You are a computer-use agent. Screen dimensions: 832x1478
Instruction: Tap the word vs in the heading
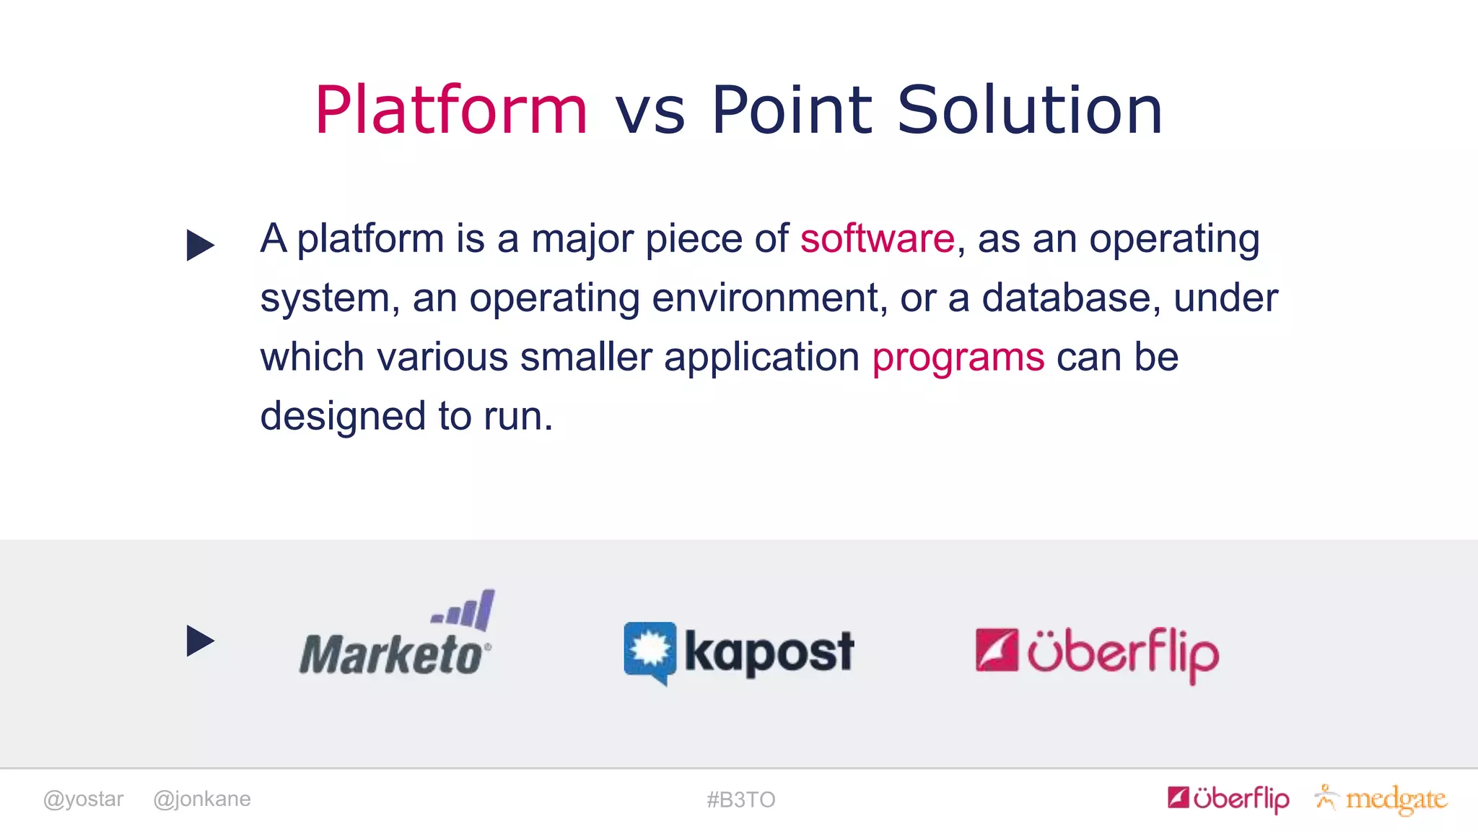(650, 113)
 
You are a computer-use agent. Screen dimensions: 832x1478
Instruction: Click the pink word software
(877, 238)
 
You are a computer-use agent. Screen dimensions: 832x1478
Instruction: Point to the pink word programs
(958, 357)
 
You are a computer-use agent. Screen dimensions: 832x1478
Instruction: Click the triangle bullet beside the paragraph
(200, 245)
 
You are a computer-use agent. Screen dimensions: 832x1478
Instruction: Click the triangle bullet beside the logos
(200, 641)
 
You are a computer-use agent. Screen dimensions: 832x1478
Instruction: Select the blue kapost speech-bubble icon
(650, 652)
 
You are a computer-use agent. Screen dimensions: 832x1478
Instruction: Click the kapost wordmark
(769, 652)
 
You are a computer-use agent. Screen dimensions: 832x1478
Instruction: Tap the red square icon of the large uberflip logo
(997, 650)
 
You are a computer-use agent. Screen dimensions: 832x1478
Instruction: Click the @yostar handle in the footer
(83, 799)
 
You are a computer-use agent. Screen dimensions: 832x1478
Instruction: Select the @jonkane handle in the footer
(202, 799)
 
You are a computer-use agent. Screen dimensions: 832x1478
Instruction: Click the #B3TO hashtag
(740, 799)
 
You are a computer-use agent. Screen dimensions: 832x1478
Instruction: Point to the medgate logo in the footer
(1382, 799)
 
